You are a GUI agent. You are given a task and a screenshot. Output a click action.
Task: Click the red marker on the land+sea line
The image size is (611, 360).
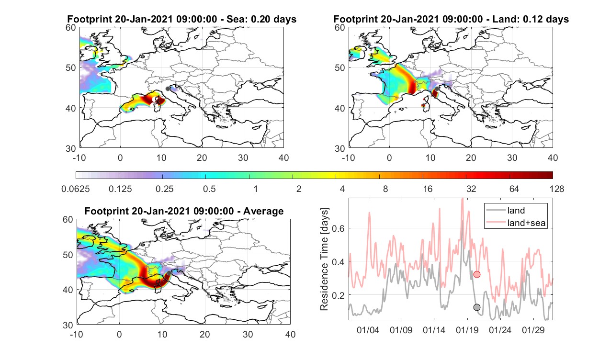pos(476,274)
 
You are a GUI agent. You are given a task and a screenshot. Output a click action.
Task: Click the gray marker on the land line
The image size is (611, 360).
pos(476,307)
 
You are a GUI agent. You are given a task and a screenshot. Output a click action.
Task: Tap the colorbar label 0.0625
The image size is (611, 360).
pos(76,189)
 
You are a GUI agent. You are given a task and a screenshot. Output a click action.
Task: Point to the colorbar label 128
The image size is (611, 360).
pos(557,189)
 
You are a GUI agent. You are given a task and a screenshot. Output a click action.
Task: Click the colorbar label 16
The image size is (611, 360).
pos(428,189)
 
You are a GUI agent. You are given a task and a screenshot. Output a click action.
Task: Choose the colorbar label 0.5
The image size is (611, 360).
pos(209,189)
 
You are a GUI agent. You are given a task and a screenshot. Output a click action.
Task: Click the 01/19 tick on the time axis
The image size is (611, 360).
pos(467,330)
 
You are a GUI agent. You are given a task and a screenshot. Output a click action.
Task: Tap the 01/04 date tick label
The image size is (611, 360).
pos(368,330)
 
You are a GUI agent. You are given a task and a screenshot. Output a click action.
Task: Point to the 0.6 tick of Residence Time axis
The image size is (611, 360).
pos(338,228)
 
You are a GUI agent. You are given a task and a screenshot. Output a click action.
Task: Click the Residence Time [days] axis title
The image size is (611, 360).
pos(324,259)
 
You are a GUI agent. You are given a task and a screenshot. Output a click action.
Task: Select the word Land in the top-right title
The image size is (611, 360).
pos(504,19)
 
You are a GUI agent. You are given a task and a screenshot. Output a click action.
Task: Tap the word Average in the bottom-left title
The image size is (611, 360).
pos(263,211)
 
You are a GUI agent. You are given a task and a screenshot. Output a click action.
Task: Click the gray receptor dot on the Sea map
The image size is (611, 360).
pos(168,89)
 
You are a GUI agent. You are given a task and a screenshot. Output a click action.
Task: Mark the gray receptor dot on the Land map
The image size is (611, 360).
pos(437,89)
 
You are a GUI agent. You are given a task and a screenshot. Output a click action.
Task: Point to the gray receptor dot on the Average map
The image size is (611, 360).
pos(169,273)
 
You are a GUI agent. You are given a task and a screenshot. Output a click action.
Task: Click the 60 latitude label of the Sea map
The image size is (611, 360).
pos(71,28)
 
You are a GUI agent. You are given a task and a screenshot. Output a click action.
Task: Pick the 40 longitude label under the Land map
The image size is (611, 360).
pos(553,157)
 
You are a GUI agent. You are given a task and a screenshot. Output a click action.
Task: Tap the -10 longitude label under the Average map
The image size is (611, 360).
pos(77,334)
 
